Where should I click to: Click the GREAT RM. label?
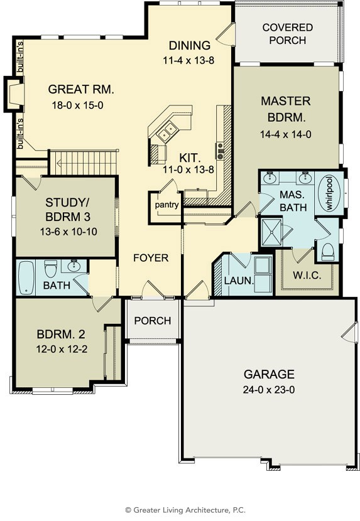tap(81, 89)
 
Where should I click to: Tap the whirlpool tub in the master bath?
tap(329, 193)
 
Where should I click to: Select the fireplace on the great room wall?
tap(14, 94)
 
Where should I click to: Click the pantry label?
tap(166, 205)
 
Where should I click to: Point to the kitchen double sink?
tap(167, 131)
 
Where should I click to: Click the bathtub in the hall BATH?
tap(26, 278)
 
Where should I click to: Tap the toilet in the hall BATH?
tap(51, 268)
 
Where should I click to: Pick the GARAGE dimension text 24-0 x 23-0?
tap(268, 389)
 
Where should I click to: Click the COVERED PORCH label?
tap(288, 33)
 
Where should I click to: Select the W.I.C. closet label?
tap(307, 275)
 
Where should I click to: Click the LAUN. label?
tap(239, 281)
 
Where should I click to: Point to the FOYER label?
tap(151, 258)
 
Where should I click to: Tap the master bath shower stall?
tap(271, 232)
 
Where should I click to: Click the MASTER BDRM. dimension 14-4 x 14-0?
tap(285, 134)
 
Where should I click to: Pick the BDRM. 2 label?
tap(61, 335)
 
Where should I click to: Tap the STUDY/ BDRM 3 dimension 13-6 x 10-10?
tap(68, 232)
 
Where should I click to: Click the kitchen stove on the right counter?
tap(221, 151)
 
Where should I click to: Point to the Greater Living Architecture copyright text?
tap(185, 510)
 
